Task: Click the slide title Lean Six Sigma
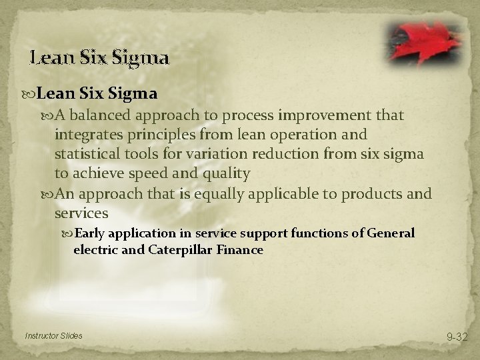[100, 58]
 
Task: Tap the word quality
[228, 174]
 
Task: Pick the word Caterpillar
[189, 251]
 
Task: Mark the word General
[391, 233]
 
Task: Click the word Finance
[241, 251]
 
